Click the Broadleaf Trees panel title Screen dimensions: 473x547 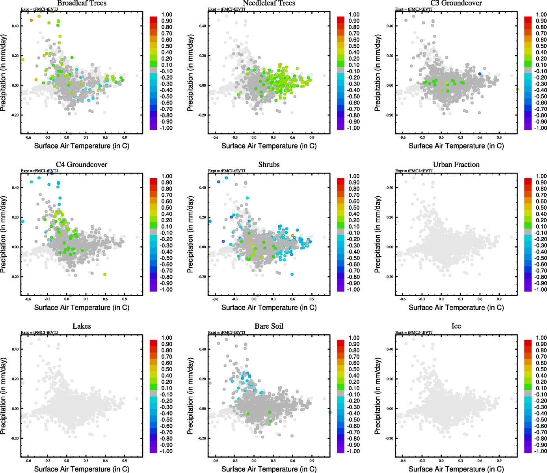pos(82,3)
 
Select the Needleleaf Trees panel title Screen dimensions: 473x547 pos(269,3)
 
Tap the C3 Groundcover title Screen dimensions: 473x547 pos(456,3)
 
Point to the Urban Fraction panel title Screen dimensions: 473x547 pos(456,165)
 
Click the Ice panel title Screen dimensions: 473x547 pos(456,326)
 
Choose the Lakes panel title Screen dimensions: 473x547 pos(82,326)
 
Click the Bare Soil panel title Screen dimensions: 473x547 pos(269,326)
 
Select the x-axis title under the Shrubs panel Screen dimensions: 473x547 pos(269,307)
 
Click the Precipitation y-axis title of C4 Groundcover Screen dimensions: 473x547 pos(4,235)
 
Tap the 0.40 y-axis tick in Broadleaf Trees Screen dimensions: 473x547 pos(15,26)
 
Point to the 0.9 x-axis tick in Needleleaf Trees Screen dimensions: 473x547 pos(312,138)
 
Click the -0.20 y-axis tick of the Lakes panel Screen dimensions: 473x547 pos(14,438)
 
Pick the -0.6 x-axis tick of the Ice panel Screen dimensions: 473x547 pos(402,461)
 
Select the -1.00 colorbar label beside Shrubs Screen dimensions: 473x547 pos(353,290)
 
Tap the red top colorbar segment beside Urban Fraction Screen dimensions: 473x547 pos(528,181)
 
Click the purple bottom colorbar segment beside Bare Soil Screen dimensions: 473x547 pos(340,450)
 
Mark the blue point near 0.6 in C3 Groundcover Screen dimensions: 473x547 pos(480,74)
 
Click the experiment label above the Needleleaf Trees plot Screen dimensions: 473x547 pos(227,9)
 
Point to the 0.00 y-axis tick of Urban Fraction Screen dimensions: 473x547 pos(389,247)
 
